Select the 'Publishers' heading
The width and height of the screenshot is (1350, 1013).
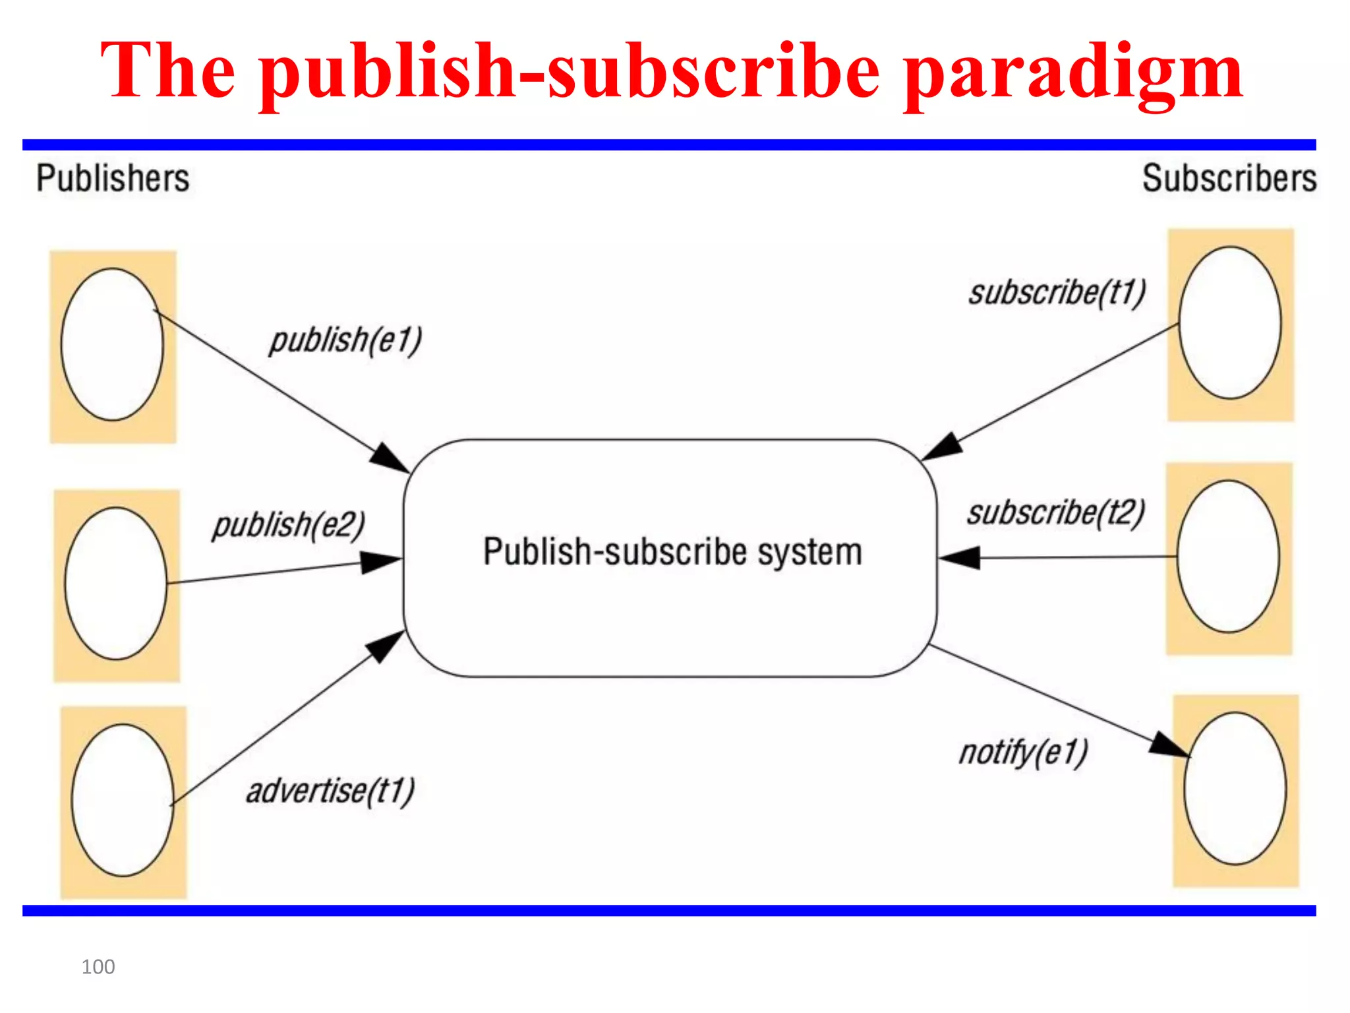[113, 178]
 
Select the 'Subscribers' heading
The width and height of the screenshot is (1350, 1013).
[1229, 178]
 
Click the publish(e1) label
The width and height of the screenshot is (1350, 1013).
[345, 341]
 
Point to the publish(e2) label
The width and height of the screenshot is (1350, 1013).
[289, 526]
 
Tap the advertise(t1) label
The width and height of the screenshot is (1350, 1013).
[330, 791]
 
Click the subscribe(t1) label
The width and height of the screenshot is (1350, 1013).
[1057, 293]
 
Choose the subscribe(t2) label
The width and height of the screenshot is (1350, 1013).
[1056, 513]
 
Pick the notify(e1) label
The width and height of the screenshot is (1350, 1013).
[1023, 752]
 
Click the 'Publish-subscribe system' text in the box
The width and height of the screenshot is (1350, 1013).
[672, 552]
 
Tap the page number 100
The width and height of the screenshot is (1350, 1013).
[98, 967]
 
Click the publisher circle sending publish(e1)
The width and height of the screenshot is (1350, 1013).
[112, 344]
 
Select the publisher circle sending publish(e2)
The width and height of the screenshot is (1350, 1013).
[116, 583]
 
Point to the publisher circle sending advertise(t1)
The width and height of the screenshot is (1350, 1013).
[123, 800]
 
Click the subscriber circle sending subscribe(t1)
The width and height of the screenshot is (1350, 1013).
[1230, 323]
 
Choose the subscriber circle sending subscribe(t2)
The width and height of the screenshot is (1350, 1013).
[1228, 557]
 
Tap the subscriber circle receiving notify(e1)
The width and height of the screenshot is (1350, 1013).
[1235, 788]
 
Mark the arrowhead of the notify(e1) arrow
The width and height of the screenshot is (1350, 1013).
[1171, 746]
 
